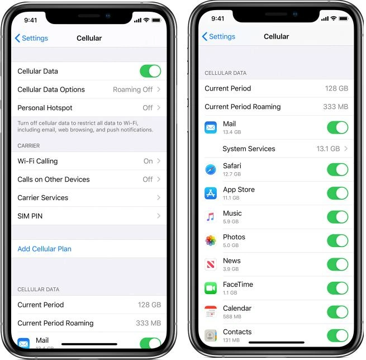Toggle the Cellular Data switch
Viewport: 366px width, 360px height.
pyautogui.click(x=150, y=71)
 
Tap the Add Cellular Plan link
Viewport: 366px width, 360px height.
pyautogui.click(x=44, y=249)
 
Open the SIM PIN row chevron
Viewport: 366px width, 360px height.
pyautogui.click(x=159, y=216)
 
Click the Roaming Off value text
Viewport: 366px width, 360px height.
pyautogui.click(x=132, y=89)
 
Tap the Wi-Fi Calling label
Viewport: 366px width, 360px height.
pyautogui.click(x=37, y=161)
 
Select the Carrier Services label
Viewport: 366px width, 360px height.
pyautogui.click(x=42, y=198)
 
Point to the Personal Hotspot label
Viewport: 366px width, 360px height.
pyautogui.click(x=45, y=108)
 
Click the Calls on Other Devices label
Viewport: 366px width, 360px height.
pyautogui.click(x=54, y=179)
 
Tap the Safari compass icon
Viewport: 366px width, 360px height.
pyautogui.click(x=211, y=169)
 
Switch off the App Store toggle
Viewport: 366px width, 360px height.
pyautogui.click(x=338, y=193)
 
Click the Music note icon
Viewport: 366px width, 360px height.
pyautogui.click(x=211, y=217)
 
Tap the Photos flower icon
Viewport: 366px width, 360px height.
pyautogui.click(x=211, y=241)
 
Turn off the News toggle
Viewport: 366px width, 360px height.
pyautogui.click(x=338, y=264)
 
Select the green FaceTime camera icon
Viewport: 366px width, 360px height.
pyautogui.click(x=211, y=288)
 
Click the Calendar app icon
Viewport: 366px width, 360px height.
pyautogui.click(x=211, y=312)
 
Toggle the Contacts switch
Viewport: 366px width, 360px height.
pyautogui.click(x=338, y=335)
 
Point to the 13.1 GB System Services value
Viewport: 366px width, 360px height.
pyautogui.click(x=328, y=149)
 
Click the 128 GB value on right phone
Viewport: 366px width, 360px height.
pyautogui.click(x=336, y=88)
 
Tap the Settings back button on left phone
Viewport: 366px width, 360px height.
pyautogui.click(x=31, y=38)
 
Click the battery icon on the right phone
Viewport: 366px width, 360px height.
pyautogui.click(x=344, y=18)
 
